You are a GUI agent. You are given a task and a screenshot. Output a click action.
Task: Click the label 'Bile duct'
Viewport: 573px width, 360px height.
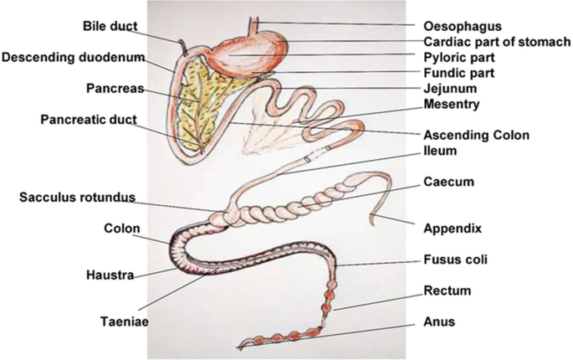(110, 27)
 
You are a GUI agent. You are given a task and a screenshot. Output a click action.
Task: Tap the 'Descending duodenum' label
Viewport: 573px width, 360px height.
(72, 57)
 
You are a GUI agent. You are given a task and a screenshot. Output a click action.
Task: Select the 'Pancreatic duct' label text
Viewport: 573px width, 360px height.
(88, 120)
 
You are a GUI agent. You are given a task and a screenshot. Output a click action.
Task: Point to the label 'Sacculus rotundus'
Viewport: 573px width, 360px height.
(74, 198)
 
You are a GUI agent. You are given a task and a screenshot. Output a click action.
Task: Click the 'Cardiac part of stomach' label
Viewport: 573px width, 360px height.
(497, 42)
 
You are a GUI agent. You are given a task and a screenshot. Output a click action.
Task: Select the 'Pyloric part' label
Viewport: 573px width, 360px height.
(459, 58)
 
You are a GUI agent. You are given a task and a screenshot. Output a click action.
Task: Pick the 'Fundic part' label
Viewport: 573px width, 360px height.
(458, 73)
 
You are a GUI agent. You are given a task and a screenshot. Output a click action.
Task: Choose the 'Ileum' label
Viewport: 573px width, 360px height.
(442, 152)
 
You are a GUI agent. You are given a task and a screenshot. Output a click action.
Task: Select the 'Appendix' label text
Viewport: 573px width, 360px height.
(453, 227)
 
